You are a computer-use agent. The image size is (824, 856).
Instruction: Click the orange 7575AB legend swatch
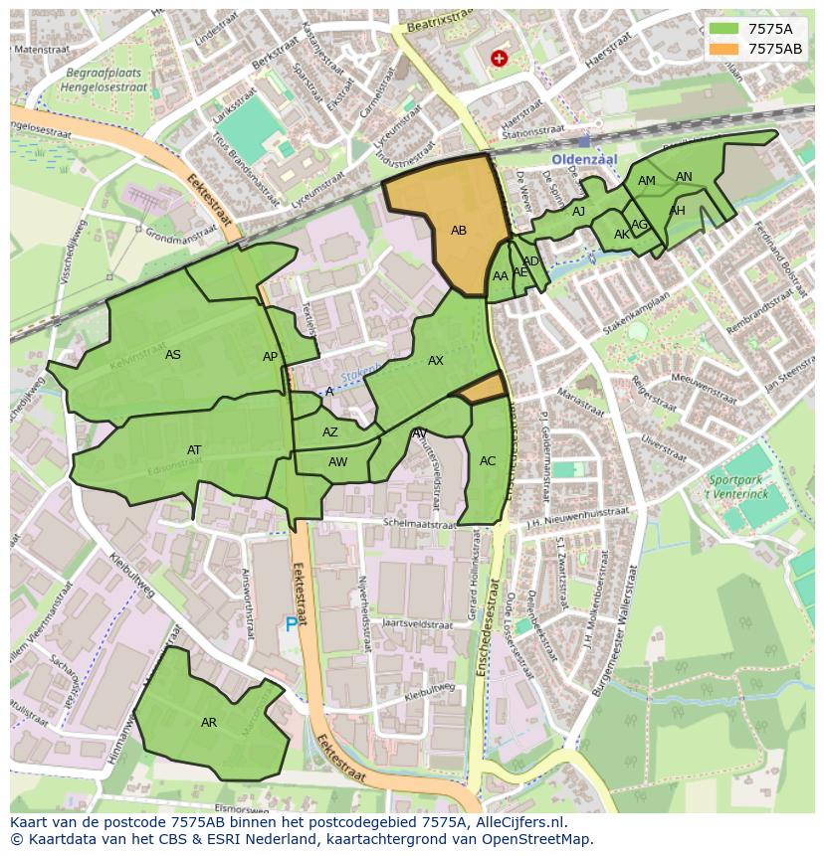pyautogui.click(x=722, y=49)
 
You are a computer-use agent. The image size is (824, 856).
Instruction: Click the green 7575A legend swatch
pyautogui.click(x=722, y=29)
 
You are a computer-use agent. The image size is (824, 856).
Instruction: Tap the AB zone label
pyautogui.click(x=459, y=231)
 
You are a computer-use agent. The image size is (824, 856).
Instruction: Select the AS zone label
pyautogui.click(x=173, y=355)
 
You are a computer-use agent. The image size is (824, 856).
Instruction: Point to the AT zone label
pyautogui.click(x=194, y=450)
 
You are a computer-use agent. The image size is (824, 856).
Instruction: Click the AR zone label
pyautogui.click(x=209, y=723)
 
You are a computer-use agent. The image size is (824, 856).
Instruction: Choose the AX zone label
pyautogui.click(x=436, y=361)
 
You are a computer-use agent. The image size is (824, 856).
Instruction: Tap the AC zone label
pyautogui.click(x=488, y=461)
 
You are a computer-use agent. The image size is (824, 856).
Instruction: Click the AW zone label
pyautogui.click(x=338, y=462)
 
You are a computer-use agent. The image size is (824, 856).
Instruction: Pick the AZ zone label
pyautogui.click(x=330, y=432)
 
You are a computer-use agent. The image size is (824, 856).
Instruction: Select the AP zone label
pyautogui.click(x=270, y=358)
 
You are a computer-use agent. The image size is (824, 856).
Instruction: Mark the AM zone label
pyautogui.click(x=647, y=181)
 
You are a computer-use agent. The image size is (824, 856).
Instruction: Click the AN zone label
pyautogui.click(x=684, y=177)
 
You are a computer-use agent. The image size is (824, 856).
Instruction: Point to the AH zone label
pyautogui.click(x=678, y=211)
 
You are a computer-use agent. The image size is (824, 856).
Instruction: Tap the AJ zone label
pyautogui.click(x=578, y=212)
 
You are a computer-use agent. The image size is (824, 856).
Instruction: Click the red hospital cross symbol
pyautogui.click(x=499, y=59)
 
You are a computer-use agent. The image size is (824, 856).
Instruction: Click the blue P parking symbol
pyautogui.click(x=292, y=624)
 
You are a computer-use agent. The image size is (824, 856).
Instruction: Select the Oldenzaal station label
pyautogui.click(x=585, y=159)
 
